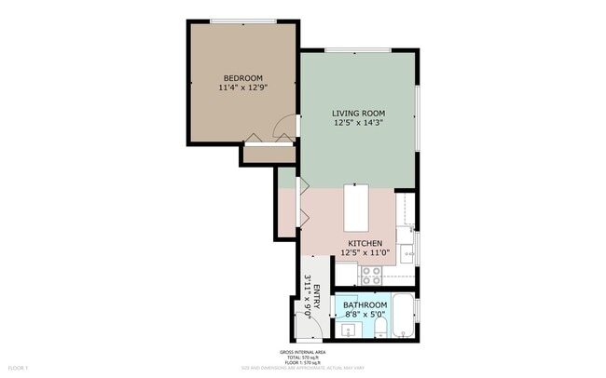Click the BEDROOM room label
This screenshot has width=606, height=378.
[242, 78]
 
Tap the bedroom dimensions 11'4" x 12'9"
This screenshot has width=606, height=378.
[242, 88]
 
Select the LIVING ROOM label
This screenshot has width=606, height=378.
[359, 112]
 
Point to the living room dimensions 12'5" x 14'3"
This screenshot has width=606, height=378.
[359, 122]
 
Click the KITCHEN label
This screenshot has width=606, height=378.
[359, 243]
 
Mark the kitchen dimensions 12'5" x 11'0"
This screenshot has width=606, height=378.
[359, 253]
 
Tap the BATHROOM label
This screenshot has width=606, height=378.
[365, 305]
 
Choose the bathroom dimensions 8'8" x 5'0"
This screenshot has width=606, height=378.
[365, 316]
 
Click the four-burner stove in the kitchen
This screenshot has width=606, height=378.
[370, 276]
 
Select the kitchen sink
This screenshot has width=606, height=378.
[407, 251]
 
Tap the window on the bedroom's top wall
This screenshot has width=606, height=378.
[243, 20]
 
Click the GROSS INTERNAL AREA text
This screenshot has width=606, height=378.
[302, 352]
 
